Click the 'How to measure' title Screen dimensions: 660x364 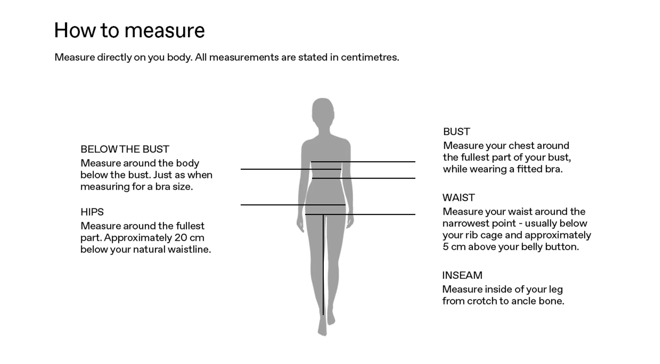129,31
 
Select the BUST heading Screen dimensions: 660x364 456,131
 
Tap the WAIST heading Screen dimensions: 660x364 459,197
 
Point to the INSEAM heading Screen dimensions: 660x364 462,275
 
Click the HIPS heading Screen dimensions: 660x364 92,212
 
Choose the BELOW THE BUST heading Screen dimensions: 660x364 125,149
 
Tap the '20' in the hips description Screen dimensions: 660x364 180,238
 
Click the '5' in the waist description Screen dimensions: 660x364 445,247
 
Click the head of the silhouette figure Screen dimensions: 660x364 323,111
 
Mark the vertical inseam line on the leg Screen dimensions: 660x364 323,264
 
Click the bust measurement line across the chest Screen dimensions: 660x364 363,162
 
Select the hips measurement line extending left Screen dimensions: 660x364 293,205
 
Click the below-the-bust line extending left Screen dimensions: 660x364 291,169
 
